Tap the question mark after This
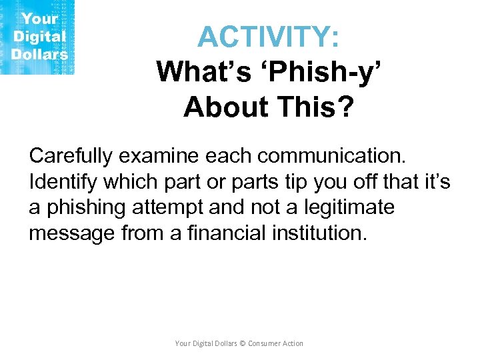pos(343,106)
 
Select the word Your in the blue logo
pos(41,19)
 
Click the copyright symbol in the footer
pos(243,343)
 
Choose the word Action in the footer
pos(293,343)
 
